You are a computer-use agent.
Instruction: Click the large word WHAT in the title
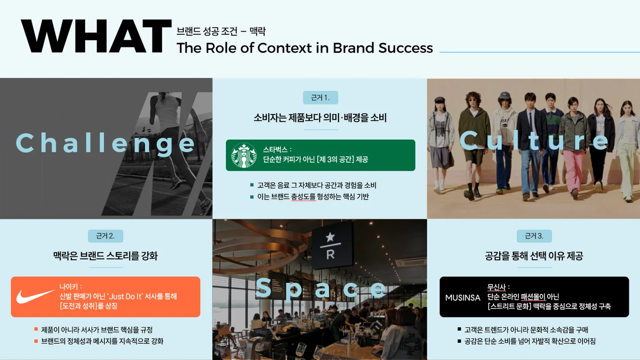click(96, 37)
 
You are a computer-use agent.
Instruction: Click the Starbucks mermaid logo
click(244, 155)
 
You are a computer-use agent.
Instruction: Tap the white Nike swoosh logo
click(36, 296)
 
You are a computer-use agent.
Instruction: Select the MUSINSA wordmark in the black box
click(463, 297)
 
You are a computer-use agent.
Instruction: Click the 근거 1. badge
click(320, 98)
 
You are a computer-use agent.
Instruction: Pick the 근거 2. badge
click(106, 236)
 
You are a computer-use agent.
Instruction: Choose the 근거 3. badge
click(534, 236)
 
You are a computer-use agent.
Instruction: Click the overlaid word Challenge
click(106, 143)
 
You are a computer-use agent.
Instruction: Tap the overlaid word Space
click(320, 288)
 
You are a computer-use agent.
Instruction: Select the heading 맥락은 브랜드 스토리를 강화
click(106, 256)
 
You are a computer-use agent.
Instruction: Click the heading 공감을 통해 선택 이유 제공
click(534, 256)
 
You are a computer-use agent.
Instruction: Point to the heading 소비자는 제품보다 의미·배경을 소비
click(320, 118)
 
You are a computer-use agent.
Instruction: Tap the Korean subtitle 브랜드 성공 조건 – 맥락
click(221, 31)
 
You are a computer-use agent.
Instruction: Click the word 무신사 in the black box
click(497, 286)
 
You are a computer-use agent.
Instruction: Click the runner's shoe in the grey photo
click(176, 183)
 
